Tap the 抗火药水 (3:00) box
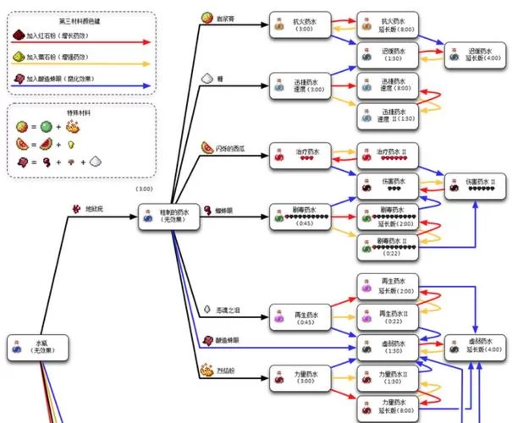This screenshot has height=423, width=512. pos(299,26)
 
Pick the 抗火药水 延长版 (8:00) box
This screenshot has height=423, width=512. pos(387,26)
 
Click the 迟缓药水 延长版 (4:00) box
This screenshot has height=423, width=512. pos(476,56)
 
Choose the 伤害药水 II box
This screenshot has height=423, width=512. pos(476,186)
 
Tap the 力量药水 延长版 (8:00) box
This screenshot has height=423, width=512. pos(387,406)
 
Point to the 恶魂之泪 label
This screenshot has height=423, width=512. pos(234,311)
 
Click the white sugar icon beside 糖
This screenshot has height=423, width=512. pos(206,77)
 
